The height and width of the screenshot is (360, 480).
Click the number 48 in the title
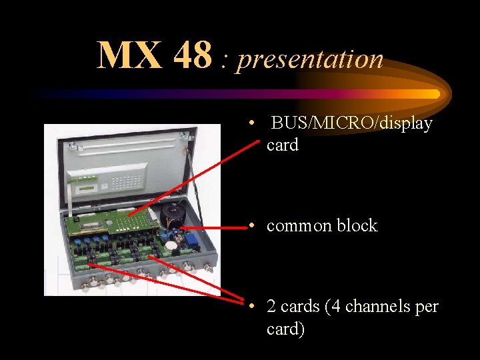[192, 56]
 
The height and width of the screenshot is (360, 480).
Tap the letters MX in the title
[130, 56]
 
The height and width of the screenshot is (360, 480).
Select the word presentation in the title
[310, 60]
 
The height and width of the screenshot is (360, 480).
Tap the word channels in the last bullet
[375, 307]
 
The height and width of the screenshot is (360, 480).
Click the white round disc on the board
[171, 245]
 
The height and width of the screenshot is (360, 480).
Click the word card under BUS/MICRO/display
[283, 145]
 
